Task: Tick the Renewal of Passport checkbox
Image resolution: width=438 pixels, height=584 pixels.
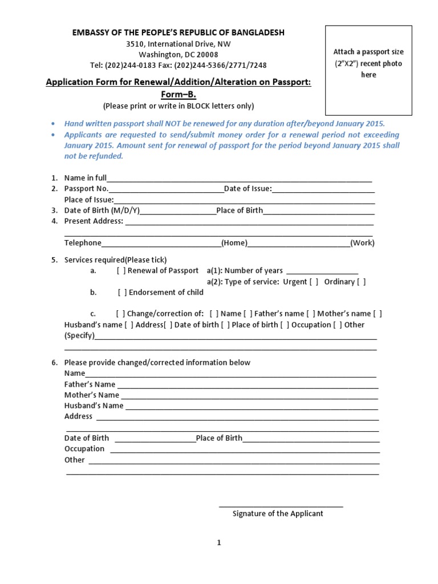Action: pyautogui.click(x=121, y=270)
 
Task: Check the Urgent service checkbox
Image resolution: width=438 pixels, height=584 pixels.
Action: pyautogui.click(x=314, y=282)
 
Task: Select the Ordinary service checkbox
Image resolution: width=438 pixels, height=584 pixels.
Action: pyautogui.click(x=361, y=282)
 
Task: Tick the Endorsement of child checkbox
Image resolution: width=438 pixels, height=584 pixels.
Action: pyautogui.click(x=122, y=293)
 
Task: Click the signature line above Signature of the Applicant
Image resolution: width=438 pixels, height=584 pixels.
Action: pyautogui.click(x=281, y=505)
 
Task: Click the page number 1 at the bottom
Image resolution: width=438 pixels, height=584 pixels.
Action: pyautogui.click(x=218, y=543)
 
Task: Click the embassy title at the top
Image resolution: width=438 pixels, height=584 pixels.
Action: pyautogui.click(x=178, y=33)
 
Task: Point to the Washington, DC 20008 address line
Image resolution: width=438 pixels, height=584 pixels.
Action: pyautogui.click(x=178, y=54)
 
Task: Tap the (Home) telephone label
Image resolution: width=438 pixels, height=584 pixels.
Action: pyautogui.click(x=234, y=243)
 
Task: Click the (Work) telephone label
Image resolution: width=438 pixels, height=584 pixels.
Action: pyautogui.click(x=363, y=243)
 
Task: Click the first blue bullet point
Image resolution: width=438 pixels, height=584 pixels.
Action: pyautogui.click(x=53, y=124)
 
